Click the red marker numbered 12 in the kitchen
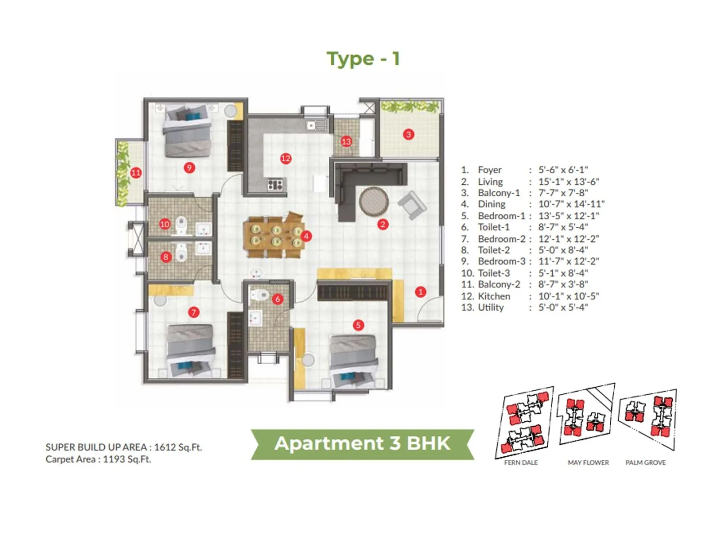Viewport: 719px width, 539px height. coord(286,158)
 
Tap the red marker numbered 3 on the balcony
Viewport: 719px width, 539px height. coord(408,134)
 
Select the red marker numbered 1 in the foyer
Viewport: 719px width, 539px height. coord(420,292)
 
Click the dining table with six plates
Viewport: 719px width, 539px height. coord(273,236)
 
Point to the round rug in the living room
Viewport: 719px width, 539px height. coord(374,202)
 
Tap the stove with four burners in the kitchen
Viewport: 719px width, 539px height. coord(275,184)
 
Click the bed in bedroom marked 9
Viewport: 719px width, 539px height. coord(187,132)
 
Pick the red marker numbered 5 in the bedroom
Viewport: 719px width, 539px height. coord(358,325)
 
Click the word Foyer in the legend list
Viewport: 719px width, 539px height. coord(489,170)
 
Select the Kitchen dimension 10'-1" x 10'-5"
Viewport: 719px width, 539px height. coord(568,296)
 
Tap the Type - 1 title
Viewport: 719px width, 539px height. coord(363,59)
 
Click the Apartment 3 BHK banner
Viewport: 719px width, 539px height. coord(362,443)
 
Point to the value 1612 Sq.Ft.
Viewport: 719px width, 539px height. coord(178,447)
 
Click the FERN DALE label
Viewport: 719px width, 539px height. coord(521,462)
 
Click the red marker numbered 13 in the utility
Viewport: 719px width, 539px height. coord(346,142)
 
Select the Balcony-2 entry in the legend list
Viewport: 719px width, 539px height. coord(499,284)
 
